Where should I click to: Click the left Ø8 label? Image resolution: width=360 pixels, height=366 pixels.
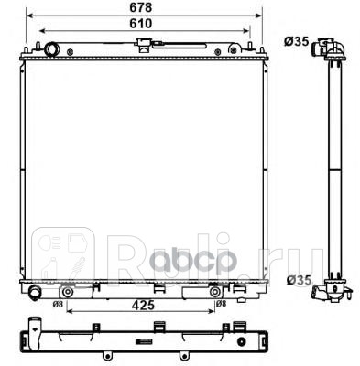click(x=58, y=303)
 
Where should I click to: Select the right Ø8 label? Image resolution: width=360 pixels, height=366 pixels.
click(x=220, y=303)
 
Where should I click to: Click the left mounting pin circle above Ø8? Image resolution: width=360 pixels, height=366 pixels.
click(x=66, y=292)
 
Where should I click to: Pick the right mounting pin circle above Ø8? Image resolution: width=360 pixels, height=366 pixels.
click(x=214, y=292)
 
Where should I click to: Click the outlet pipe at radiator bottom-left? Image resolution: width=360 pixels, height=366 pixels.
click(x=35, y=293)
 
